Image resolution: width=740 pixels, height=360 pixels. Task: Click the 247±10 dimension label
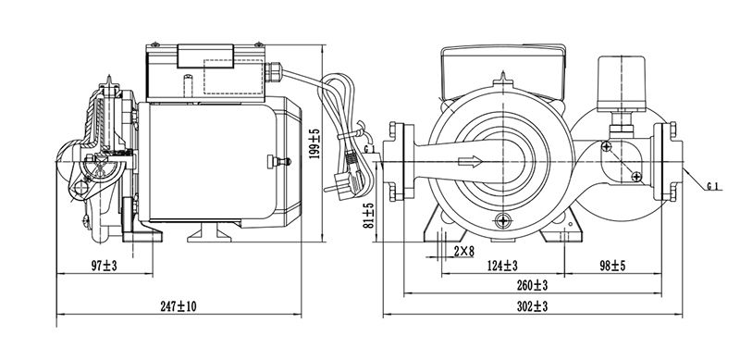pos(178,306)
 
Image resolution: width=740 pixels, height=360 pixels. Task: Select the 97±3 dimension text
pos(104,266)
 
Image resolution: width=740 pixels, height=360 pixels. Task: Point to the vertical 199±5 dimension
pos(314,143)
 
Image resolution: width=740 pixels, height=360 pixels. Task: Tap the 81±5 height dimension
pos(368,216)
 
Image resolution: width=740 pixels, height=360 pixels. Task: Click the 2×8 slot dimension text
pos(463,252)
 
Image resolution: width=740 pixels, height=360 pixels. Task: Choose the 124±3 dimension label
pos(502,266)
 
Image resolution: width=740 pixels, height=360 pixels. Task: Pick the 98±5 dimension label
pos(612,266)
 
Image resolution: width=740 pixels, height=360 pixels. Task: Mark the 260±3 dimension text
pos(533,285)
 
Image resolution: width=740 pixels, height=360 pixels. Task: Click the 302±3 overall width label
pos(533,306)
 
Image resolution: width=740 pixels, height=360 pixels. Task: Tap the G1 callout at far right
pos(713,187)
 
